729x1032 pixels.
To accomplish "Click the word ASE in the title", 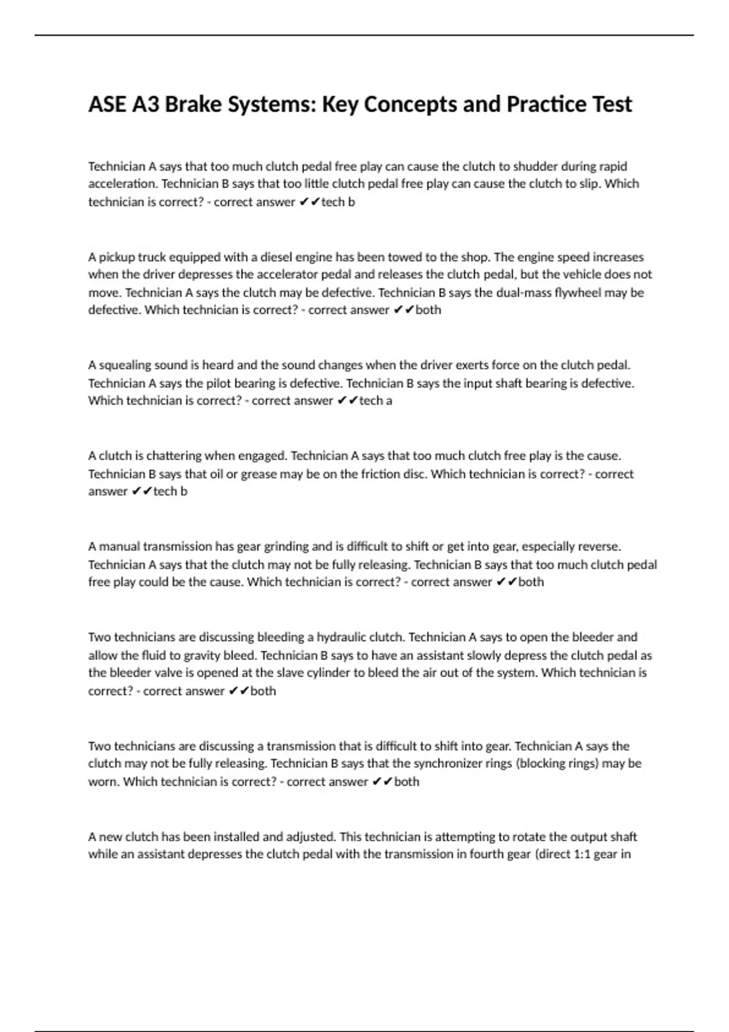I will click(x=107, y=104).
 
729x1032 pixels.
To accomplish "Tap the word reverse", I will click(x=599, y=546).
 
